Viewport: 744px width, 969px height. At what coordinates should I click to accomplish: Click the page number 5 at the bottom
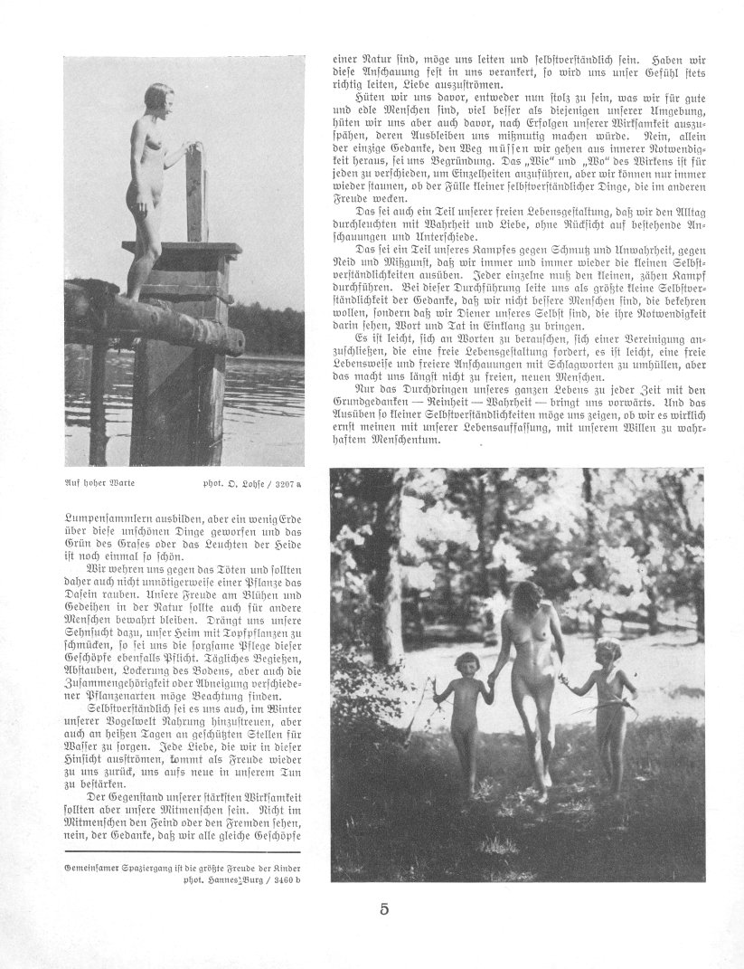(383, 909)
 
